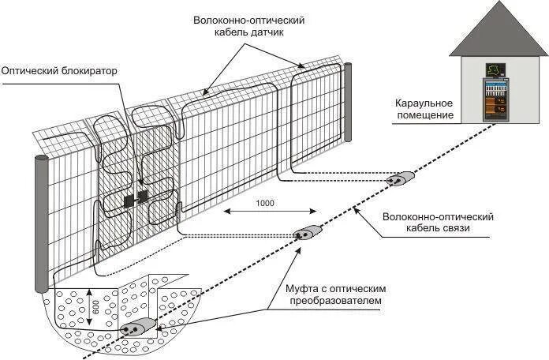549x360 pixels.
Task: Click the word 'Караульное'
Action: point(424,103)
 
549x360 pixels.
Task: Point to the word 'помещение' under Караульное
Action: point(424,116)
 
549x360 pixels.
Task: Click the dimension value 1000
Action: point(265,203)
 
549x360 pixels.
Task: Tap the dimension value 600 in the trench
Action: point(95,308)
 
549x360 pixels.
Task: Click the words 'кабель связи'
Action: point(438,228)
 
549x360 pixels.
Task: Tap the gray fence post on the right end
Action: point(347,103)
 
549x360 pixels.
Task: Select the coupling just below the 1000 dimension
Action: point(308,233)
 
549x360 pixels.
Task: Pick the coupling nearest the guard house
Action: point(400,180)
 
